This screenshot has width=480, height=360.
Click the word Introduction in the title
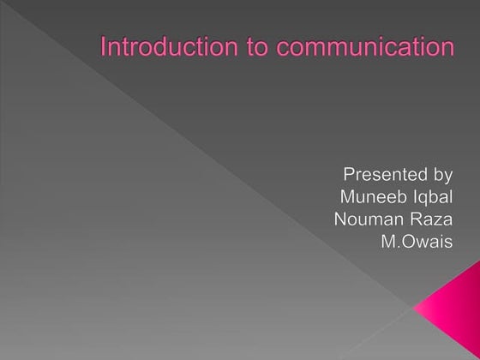tap(155, 46)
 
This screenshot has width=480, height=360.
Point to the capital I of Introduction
tap(104, 46)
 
